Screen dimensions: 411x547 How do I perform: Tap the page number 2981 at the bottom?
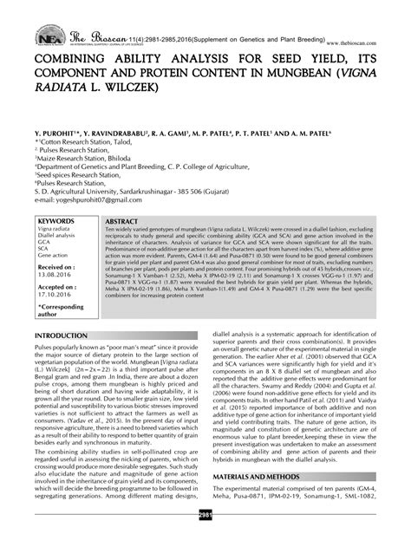click(205, 538)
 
